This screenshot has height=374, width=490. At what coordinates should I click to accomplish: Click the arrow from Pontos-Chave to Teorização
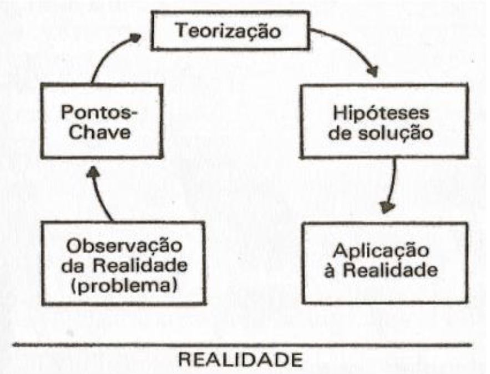click(105, 55)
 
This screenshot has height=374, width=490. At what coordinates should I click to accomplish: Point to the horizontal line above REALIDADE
click(244, 345)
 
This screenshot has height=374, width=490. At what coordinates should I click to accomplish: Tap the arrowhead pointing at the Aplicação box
click(388, 208)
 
